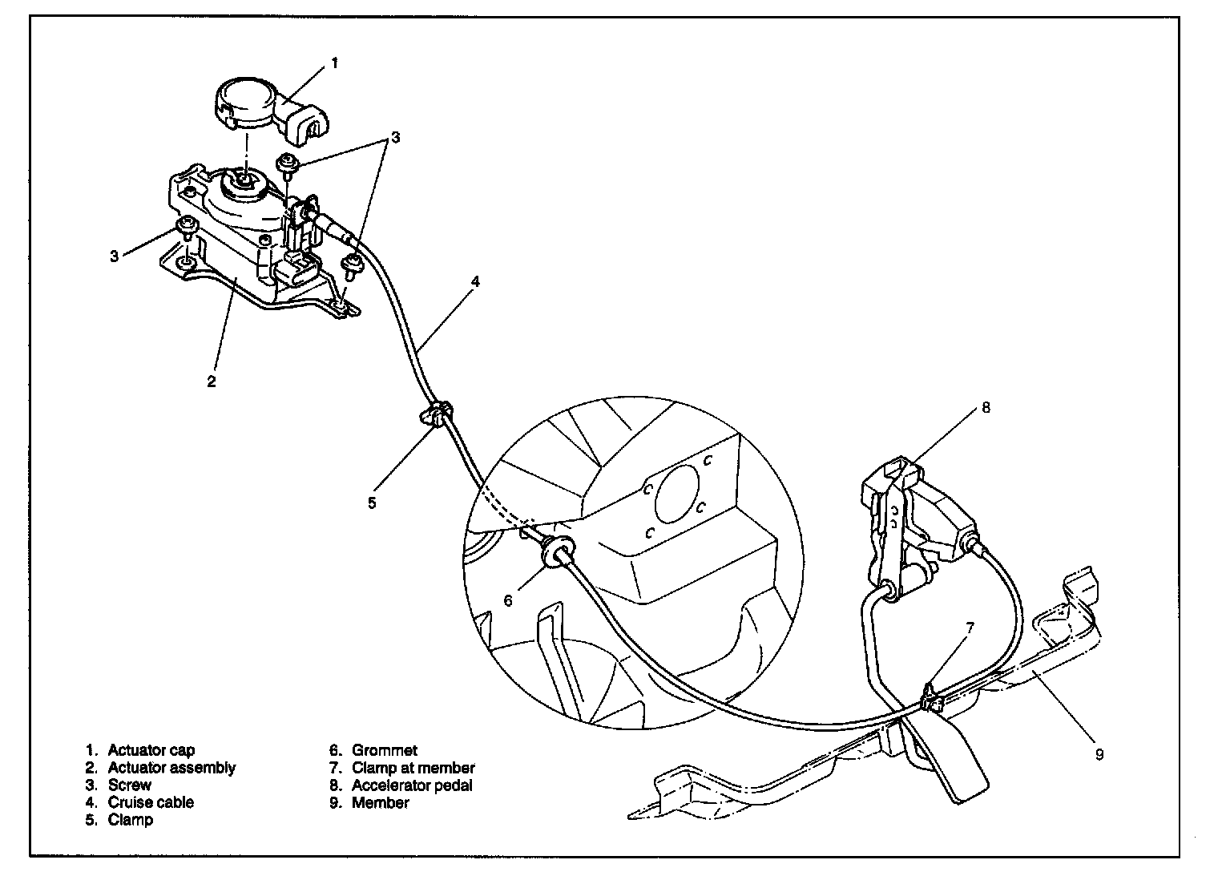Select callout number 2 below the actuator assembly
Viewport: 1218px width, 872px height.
click(x=212, y=381)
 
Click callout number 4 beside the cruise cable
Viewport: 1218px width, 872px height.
click(x=475, y=282)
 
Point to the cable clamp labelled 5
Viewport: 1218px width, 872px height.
click(x=436, y=415)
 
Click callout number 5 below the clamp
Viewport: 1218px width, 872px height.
click(x=372, y=503)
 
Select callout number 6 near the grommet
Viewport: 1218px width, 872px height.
click(x=508, y=599)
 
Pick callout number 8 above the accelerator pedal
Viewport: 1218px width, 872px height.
click(x=986, y=407)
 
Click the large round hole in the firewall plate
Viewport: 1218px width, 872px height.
click(x=676, y=502)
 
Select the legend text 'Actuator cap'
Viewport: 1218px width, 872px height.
click(x=151, y=751)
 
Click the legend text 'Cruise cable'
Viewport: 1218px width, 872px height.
click(x=151, y=802)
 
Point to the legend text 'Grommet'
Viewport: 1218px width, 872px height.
click(x=385, y=751)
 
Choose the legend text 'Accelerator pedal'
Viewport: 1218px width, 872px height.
click(x=412, y=785)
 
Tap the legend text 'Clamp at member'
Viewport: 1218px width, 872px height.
click(x=413, y=768)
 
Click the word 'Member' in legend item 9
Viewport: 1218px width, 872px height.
click(x=381, y=802)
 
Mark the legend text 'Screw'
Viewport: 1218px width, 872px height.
click(x=129, y=785)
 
